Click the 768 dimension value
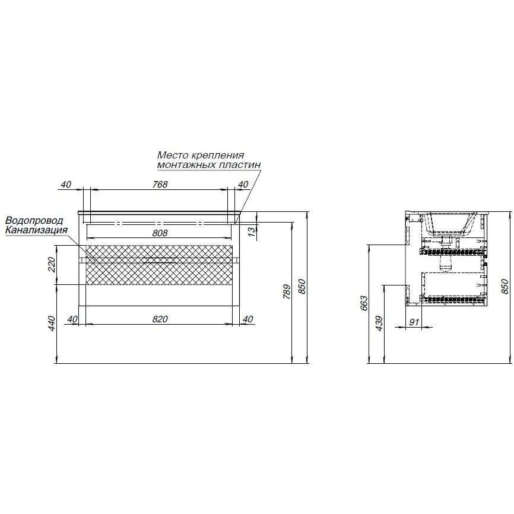[160, 184]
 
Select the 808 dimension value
[160, 233]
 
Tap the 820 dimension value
[160, 319]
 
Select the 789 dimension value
[286, 291]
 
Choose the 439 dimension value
[379, 323]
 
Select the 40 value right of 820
[248, 319]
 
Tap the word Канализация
[36, 229]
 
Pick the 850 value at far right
[506, 287]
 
